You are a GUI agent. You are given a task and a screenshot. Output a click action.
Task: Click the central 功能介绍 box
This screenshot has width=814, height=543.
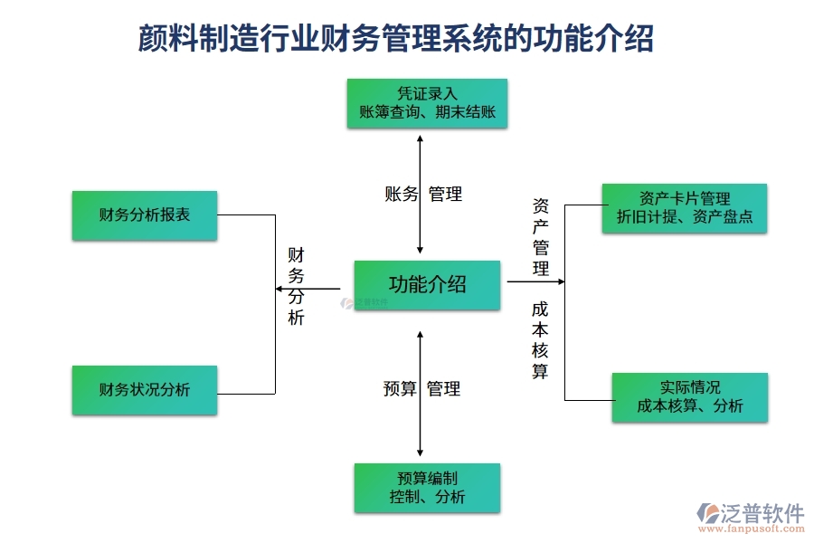[427, 285]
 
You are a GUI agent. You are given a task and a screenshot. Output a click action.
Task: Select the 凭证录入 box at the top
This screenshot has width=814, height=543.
[427, 103]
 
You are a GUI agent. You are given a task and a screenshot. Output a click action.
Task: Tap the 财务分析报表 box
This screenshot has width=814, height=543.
[145, 215]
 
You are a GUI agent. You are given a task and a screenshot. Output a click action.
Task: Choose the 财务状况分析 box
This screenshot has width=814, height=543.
[145, 390]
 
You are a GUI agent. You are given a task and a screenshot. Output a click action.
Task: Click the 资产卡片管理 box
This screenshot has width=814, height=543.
[685, 208]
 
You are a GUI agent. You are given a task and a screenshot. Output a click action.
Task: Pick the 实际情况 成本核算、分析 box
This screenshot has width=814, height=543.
[690, 397]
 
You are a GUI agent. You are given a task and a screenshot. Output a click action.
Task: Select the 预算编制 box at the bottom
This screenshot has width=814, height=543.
[427, 488]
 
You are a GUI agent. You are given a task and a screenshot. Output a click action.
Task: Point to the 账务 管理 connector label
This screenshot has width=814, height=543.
[423, 194]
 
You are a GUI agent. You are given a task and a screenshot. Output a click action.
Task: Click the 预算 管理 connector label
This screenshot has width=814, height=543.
[422, 389]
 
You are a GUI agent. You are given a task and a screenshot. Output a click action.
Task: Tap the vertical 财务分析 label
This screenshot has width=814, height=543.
[297, 286]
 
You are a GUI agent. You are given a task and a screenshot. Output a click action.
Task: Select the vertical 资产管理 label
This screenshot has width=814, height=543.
[540, 237]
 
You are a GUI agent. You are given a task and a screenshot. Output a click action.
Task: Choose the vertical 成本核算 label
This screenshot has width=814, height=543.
[540, 339]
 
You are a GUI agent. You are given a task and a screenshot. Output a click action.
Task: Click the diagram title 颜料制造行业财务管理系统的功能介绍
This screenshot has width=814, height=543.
[396, 39]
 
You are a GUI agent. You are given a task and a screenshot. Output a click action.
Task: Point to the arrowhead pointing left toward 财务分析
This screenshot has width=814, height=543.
[279, 289]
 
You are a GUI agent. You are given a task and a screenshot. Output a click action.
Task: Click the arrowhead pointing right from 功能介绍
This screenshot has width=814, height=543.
[561, 281]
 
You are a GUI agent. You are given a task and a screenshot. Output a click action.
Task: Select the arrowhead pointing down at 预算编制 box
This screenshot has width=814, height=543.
[420, 452]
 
